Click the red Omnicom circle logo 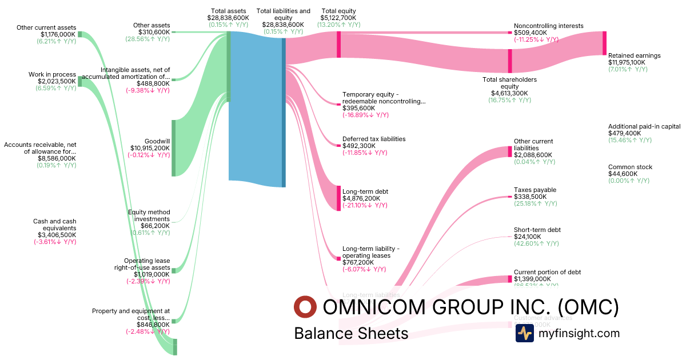point(305,307)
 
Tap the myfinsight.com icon point(524,333)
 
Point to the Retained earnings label point(634,55)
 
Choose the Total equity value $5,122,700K point(341,18)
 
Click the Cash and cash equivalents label point(55,225)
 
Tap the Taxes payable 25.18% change point(535,203)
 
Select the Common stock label point(630,167)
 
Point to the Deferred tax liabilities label point(374,139)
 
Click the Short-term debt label point(537,230)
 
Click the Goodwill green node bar point(174,148)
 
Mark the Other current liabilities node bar point(510,151)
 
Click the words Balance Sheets point(351,333)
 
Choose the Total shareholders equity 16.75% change point(509,100)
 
